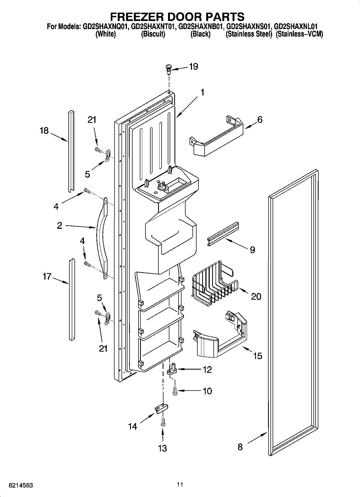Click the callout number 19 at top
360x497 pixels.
click(x=193, y=66)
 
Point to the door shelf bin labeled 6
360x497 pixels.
click(x=216, y=137)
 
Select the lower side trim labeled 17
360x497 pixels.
click(x=72, y=299)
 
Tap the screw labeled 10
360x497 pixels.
click(x=175, y=389)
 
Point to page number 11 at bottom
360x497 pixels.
click(x=180, y=484)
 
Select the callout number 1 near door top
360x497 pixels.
click(x=202, y=92)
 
